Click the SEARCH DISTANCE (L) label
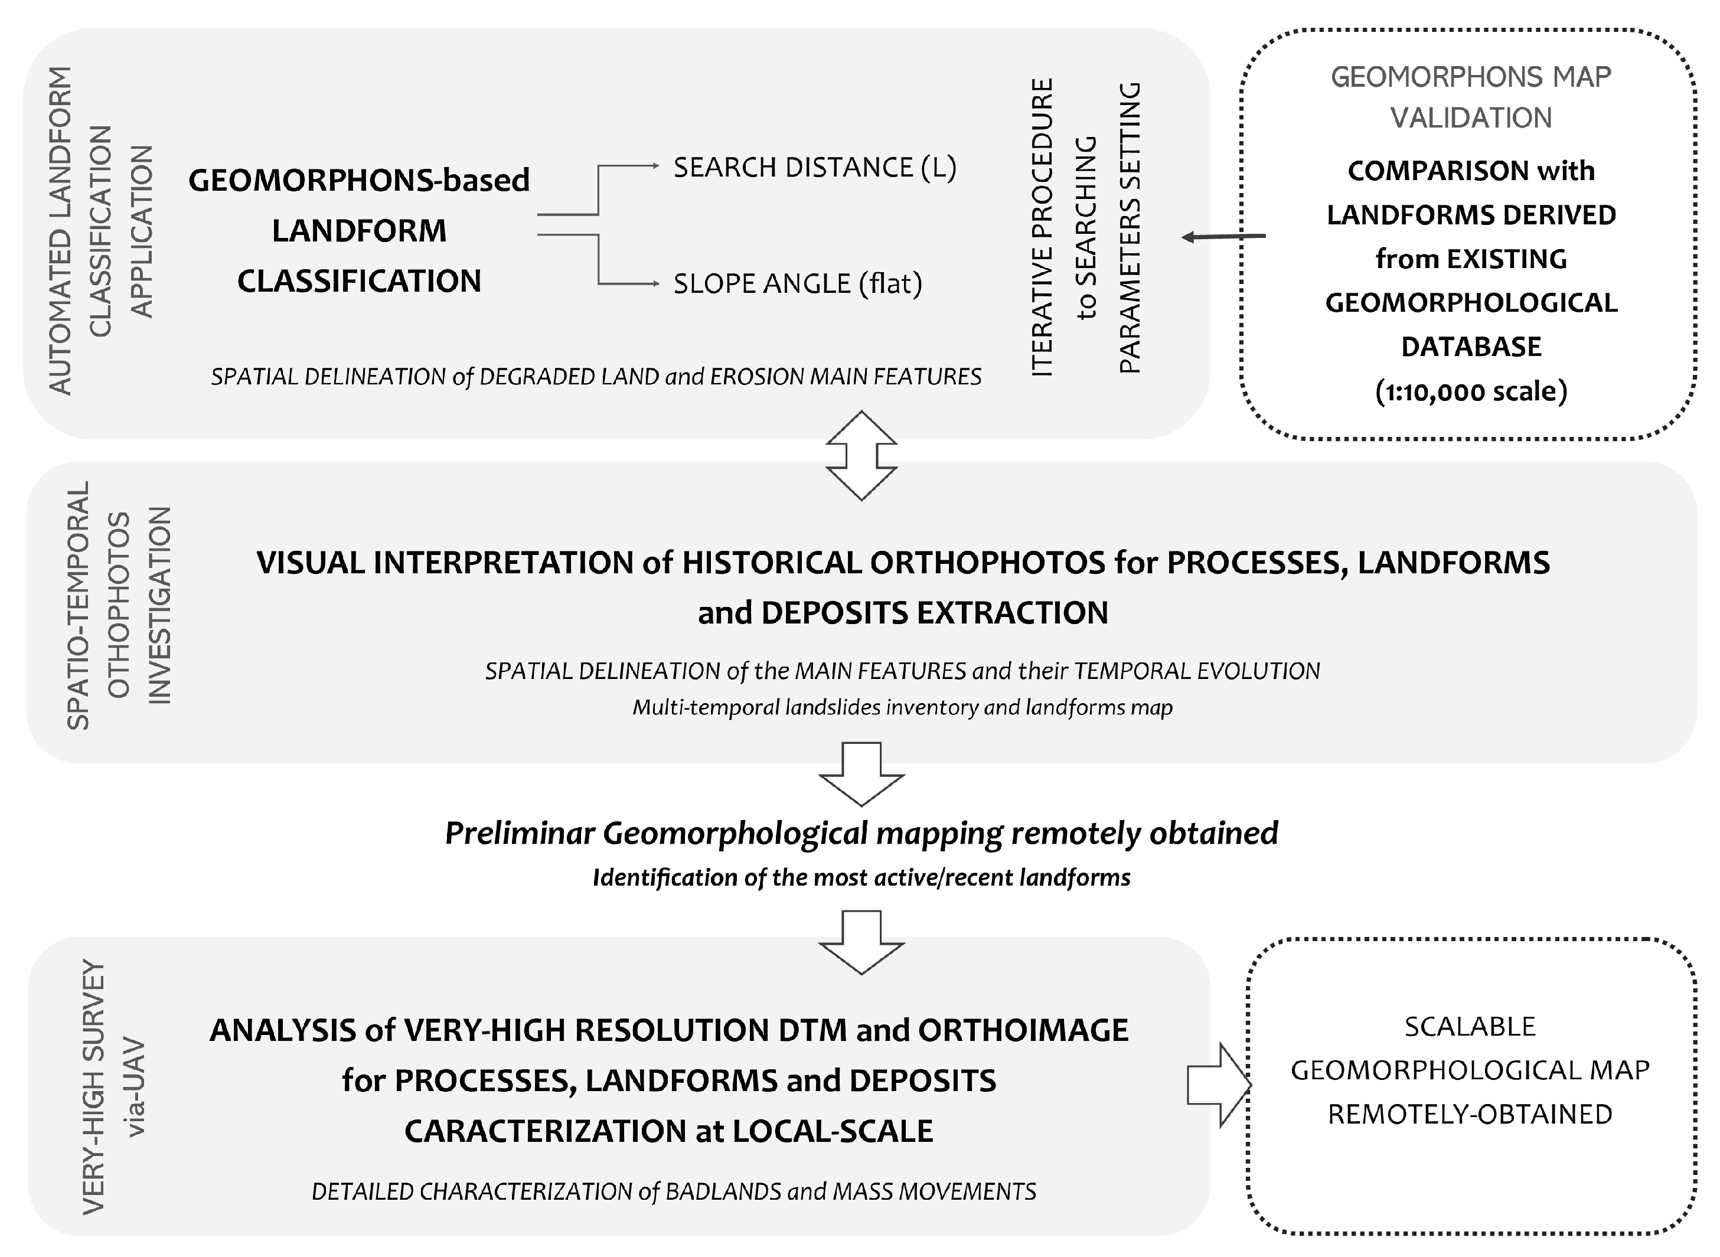pyautogui.click(x=814, y=168)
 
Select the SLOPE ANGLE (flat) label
pyautogui.click(x=797, y=284)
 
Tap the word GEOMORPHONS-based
pyautogui.click(x=358, y=180)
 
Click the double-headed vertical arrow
pyautogui.click(x=861, y=455)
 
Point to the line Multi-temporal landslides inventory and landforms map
pyautogui.click(x=902, y=708)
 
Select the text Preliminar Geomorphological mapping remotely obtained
pyautogui.click(x=861, y=833)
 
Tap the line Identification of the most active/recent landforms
pyautogui.click(x=861, y=877)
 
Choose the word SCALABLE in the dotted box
pyautogui.click(x=1470, y=1027)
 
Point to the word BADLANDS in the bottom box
pyautogui.click(x=723, y=1191)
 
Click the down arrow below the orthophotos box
pyautogui.click(x=861, y=775)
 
